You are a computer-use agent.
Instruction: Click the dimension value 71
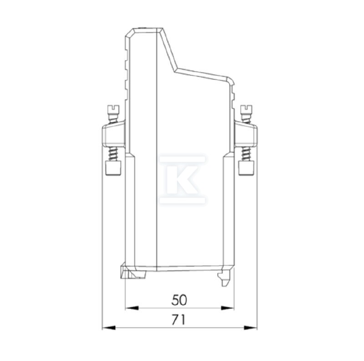179,320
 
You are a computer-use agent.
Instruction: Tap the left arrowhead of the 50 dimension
132,308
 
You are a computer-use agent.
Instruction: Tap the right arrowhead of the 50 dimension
227,308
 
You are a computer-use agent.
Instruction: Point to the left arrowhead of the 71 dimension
109,328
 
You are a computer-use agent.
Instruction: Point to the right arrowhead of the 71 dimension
251,328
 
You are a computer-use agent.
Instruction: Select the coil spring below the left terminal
113,154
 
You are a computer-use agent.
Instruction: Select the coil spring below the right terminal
246,154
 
